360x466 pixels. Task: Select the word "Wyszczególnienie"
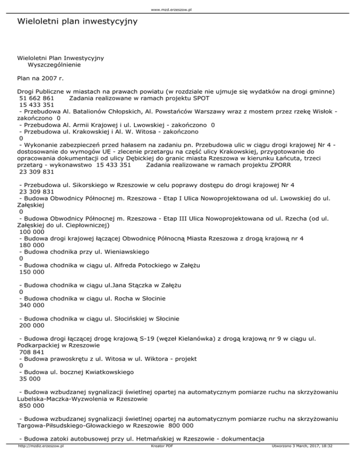click(54, 65)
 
